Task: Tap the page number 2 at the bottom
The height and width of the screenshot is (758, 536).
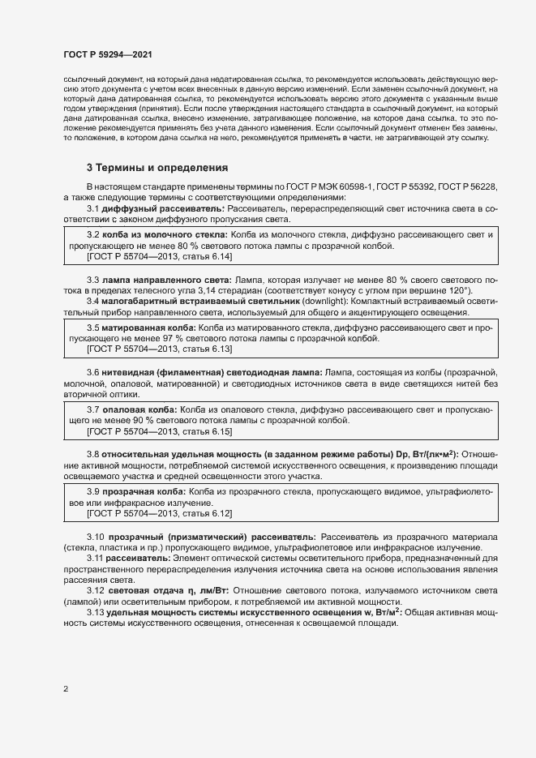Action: click(x=66, y=689)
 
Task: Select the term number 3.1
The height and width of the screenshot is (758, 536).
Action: click(x=93, y=209)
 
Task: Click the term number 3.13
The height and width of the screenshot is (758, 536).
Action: click(x=96, y=613)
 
